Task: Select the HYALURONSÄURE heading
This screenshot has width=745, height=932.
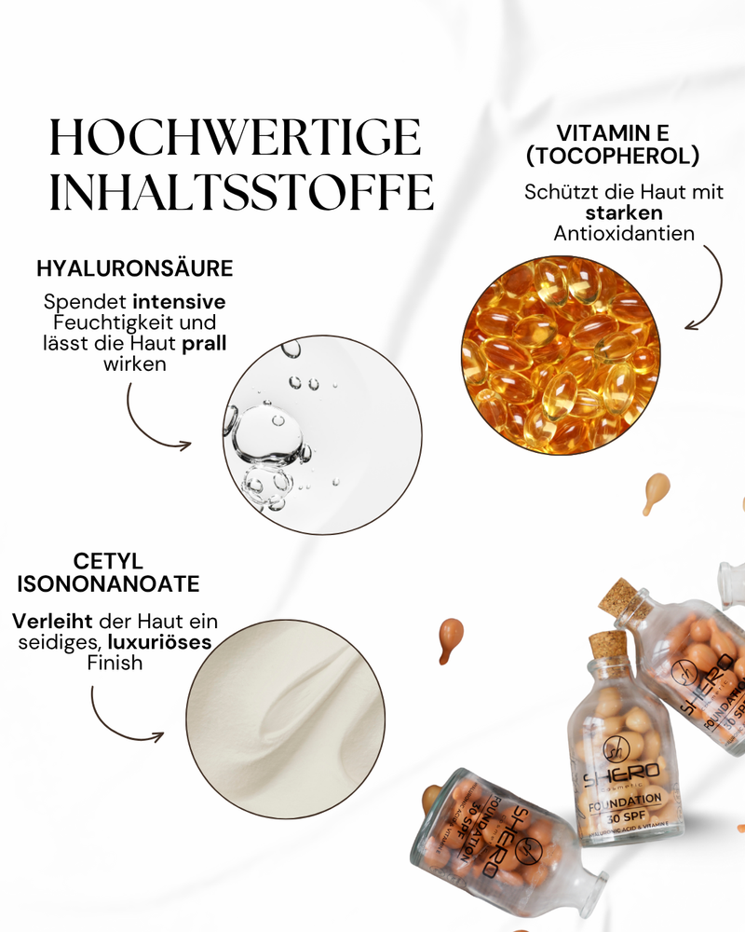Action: pyautogui.click(x=134, y=269)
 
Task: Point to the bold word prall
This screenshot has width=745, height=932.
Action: pyautogui.click(x=206, y=344)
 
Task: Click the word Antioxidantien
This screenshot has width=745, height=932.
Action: pyautogui.click(x=624, y=233)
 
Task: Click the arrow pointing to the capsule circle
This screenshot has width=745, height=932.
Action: pyautogui.click(x=712, y=284)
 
